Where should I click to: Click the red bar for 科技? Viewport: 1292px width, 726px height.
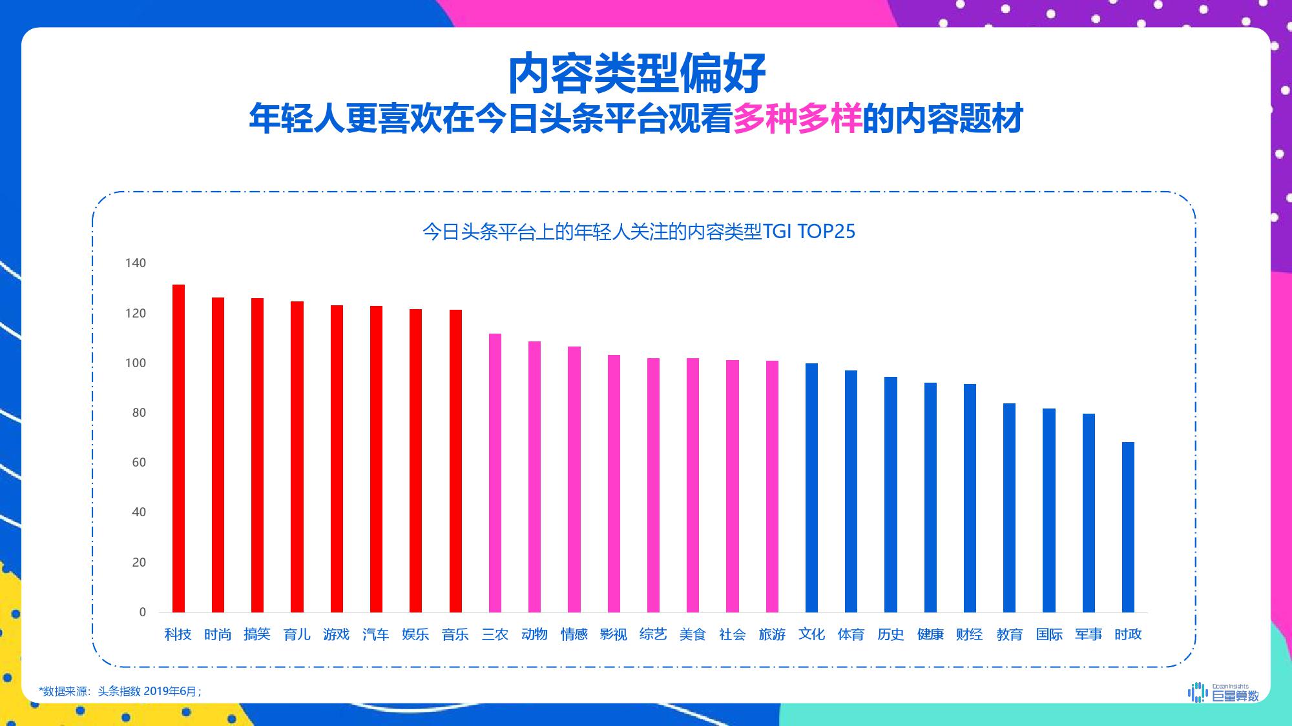178,449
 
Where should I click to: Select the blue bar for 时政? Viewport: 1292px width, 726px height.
1128,527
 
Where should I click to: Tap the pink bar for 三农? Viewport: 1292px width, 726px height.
495,473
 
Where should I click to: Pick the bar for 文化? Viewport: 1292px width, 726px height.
811,488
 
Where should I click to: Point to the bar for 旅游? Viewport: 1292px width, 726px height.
772,487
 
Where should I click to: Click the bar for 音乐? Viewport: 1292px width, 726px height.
455,461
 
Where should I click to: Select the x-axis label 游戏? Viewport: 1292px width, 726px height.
337,634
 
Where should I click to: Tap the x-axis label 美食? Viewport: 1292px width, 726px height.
693,634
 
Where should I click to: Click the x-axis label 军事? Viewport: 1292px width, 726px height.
1089,634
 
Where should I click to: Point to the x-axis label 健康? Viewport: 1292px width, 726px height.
930,634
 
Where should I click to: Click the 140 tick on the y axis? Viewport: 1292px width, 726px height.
136,263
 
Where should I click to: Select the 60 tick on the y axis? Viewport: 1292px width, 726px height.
139,463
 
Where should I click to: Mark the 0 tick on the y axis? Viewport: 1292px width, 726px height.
143,612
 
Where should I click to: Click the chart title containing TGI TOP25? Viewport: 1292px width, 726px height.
638,232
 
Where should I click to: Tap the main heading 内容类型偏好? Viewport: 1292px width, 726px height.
637,74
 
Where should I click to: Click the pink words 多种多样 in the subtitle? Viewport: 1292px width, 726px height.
797,119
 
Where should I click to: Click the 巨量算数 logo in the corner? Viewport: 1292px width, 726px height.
1224,692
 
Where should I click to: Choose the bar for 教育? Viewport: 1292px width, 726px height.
1009,508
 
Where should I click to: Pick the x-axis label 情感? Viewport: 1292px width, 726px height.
574,634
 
